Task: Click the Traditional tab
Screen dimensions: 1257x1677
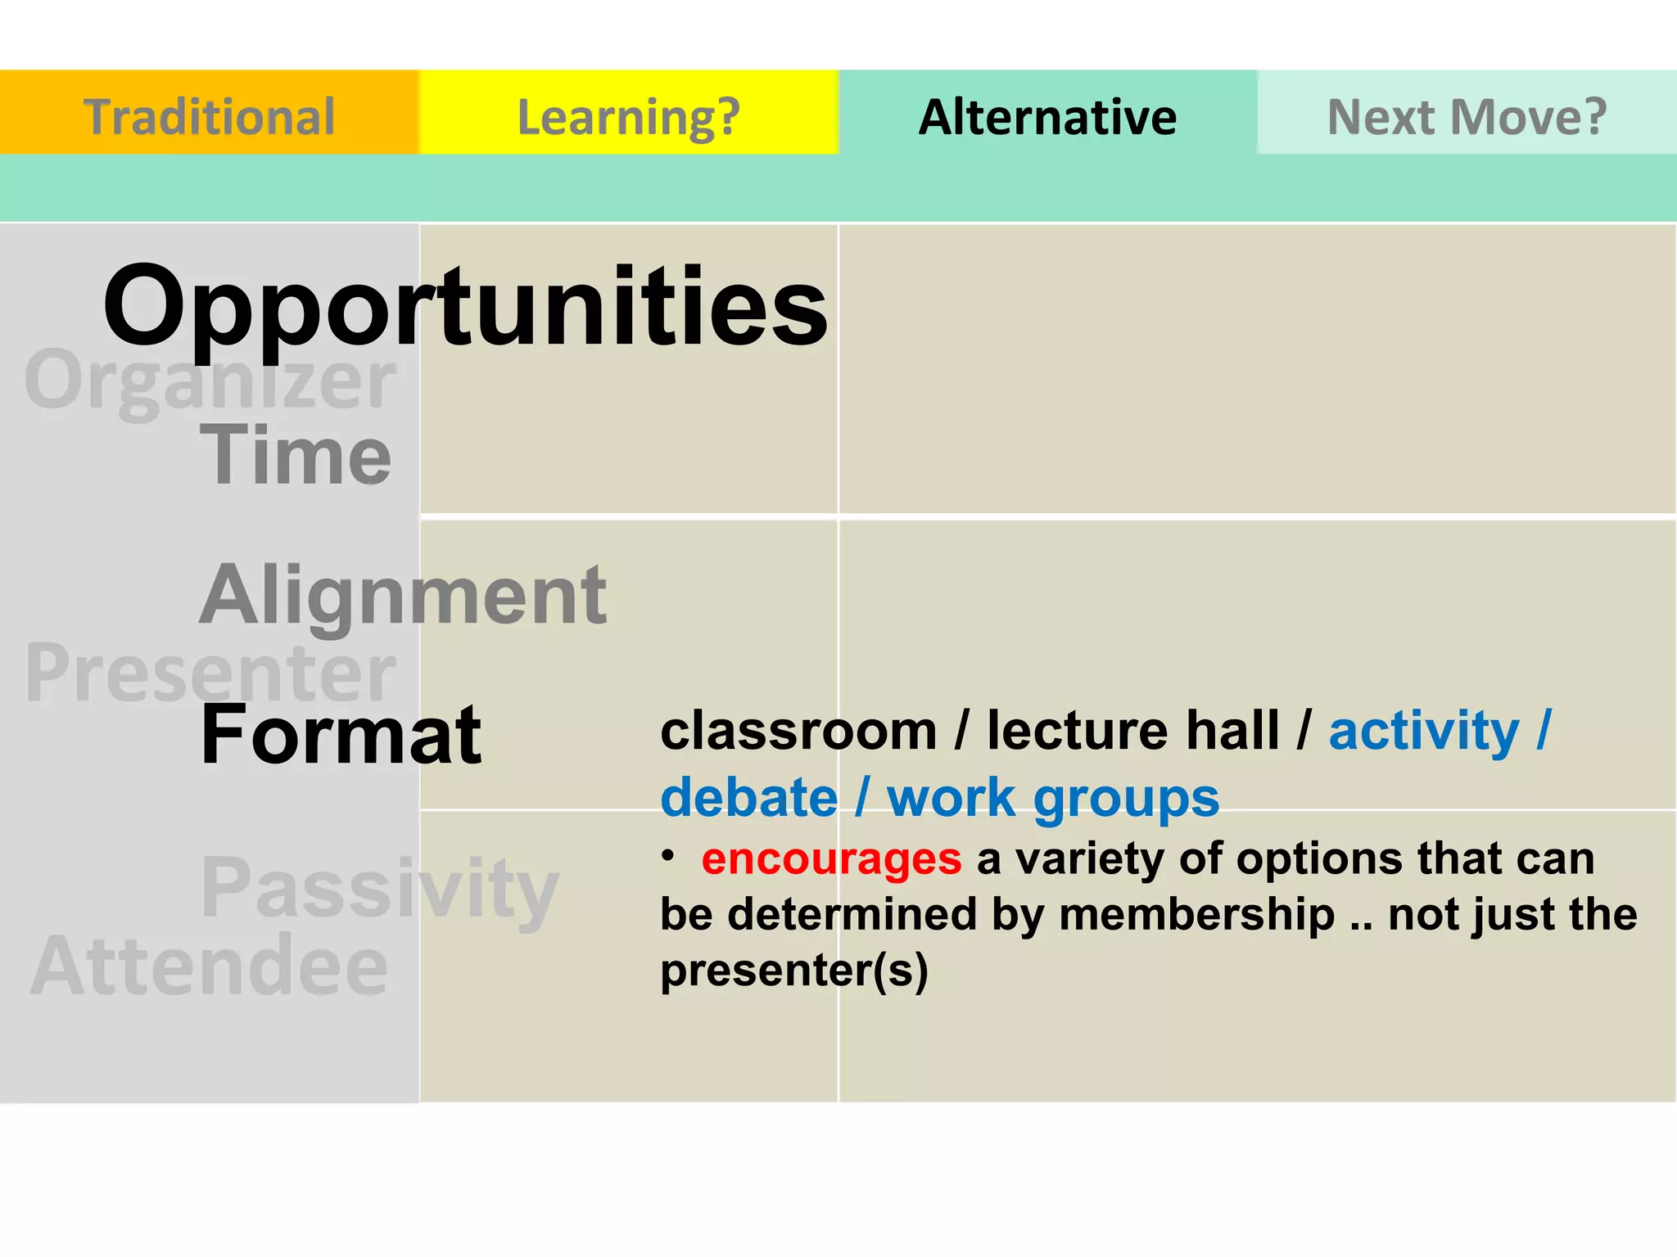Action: pyautogui.click(x=209, y=116)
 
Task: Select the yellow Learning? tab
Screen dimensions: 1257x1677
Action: pyautogui.click(x=628, y=116)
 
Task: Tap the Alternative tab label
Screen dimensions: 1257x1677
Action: pyautogui.click(x=1047, y=116)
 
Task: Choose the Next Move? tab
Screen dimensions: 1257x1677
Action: pyautogui.click(x=1467, y=116)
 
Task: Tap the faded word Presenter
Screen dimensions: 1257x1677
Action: pyautogui.click(x=210, y=673)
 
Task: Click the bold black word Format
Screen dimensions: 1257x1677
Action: pyautogui.click(x=341, y=734)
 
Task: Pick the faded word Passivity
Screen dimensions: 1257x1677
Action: pyautogui.click(x=380, y=888)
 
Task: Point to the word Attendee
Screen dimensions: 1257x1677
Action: pyautogui.click(x=209, y=966)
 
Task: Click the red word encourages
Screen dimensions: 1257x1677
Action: pyautogui.click(x=831, y=859)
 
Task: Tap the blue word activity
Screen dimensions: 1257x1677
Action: pyautogui.click(x=1423, y=730)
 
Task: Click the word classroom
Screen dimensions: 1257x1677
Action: pyautogui.click(x=798, y=730)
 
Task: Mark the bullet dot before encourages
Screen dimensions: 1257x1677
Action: pyautogui.click(x=668, y=855)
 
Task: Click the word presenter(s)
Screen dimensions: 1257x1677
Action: pyautogui.click(x=794, y=971)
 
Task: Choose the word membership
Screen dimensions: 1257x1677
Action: pyautogui.click(x=1196, y=915)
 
